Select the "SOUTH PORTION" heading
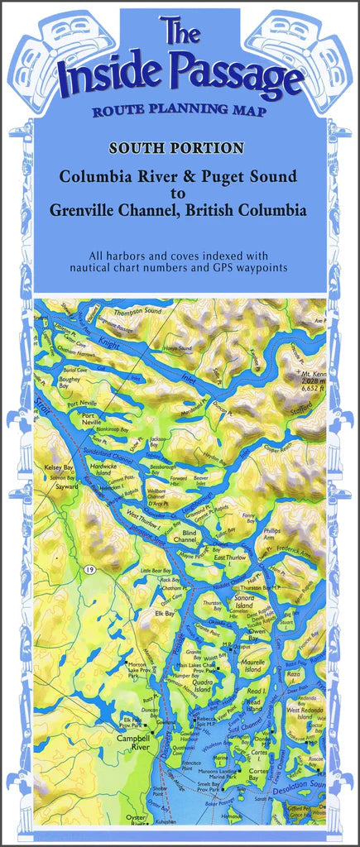pyautogui.click(x=180, y=149)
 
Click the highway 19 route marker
pyautogui.click(x=87, y=570)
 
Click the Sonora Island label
pyautogui.click(x=250, y=599)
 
